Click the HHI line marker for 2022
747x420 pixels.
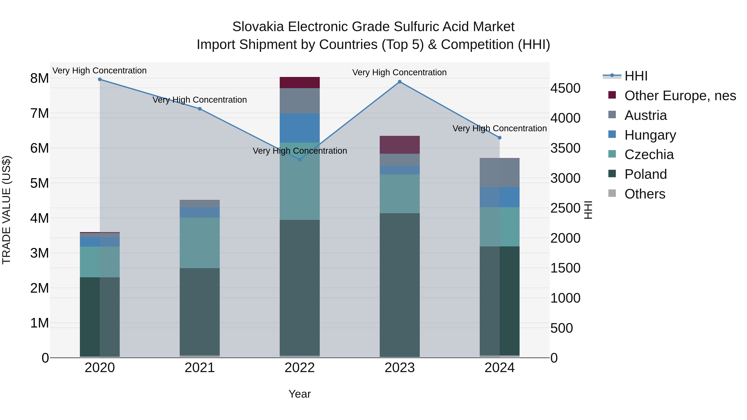(300, 160)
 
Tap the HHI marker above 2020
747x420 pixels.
(100, 79)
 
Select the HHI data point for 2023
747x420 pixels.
(400, 82)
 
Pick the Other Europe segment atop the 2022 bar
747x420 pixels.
(300, 83)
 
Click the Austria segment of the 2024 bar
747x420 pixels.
(499, 173)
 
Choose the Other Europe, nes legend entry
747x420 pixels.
(680, 96)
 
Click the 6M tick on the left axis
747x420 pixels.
(39, 149)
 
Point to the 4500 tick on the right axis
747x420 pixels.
(565, 88)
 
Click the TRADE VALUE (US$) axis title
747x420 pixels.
(7, 210)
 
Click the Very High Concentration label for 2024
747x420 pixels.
(499, 128)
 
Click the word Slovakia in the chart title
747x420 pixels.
(258, 27)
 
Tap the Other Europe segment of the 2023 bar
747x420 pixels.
(400, 145)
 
